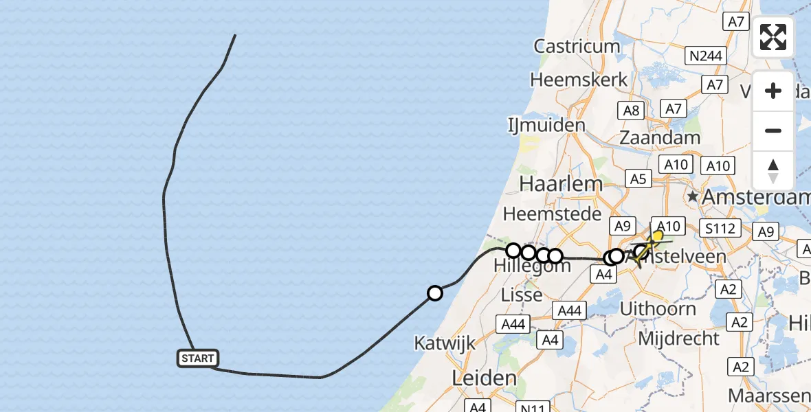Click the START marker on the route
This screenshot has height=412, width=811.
[199, 358]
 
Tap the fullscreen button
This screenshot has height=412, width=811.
[773, 37]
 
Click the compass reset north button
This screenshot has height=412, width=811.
[773, 171]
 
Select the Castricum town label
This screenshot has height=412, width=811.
[577, 47]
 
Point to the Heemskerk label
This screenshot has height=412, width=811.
[579, 80]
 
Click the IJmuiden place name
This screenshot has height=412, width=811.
[546, 126]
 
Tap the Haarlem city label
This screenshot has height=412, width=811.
[561, 183]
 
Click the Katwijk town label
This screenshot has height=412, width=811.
[445, 343]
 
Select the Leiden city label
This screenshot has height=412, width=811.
[485, 378]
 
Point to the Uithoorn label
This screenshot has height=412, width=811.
[658, 309]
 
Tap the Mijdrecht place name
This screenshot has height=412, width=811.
[678, 339]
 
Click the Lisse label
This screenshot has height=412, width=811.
[523, 295]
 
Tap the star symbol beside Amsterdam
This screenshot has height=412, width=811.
[693, 197]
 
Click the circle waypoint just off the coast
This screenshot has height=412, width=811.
[434, 293]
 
